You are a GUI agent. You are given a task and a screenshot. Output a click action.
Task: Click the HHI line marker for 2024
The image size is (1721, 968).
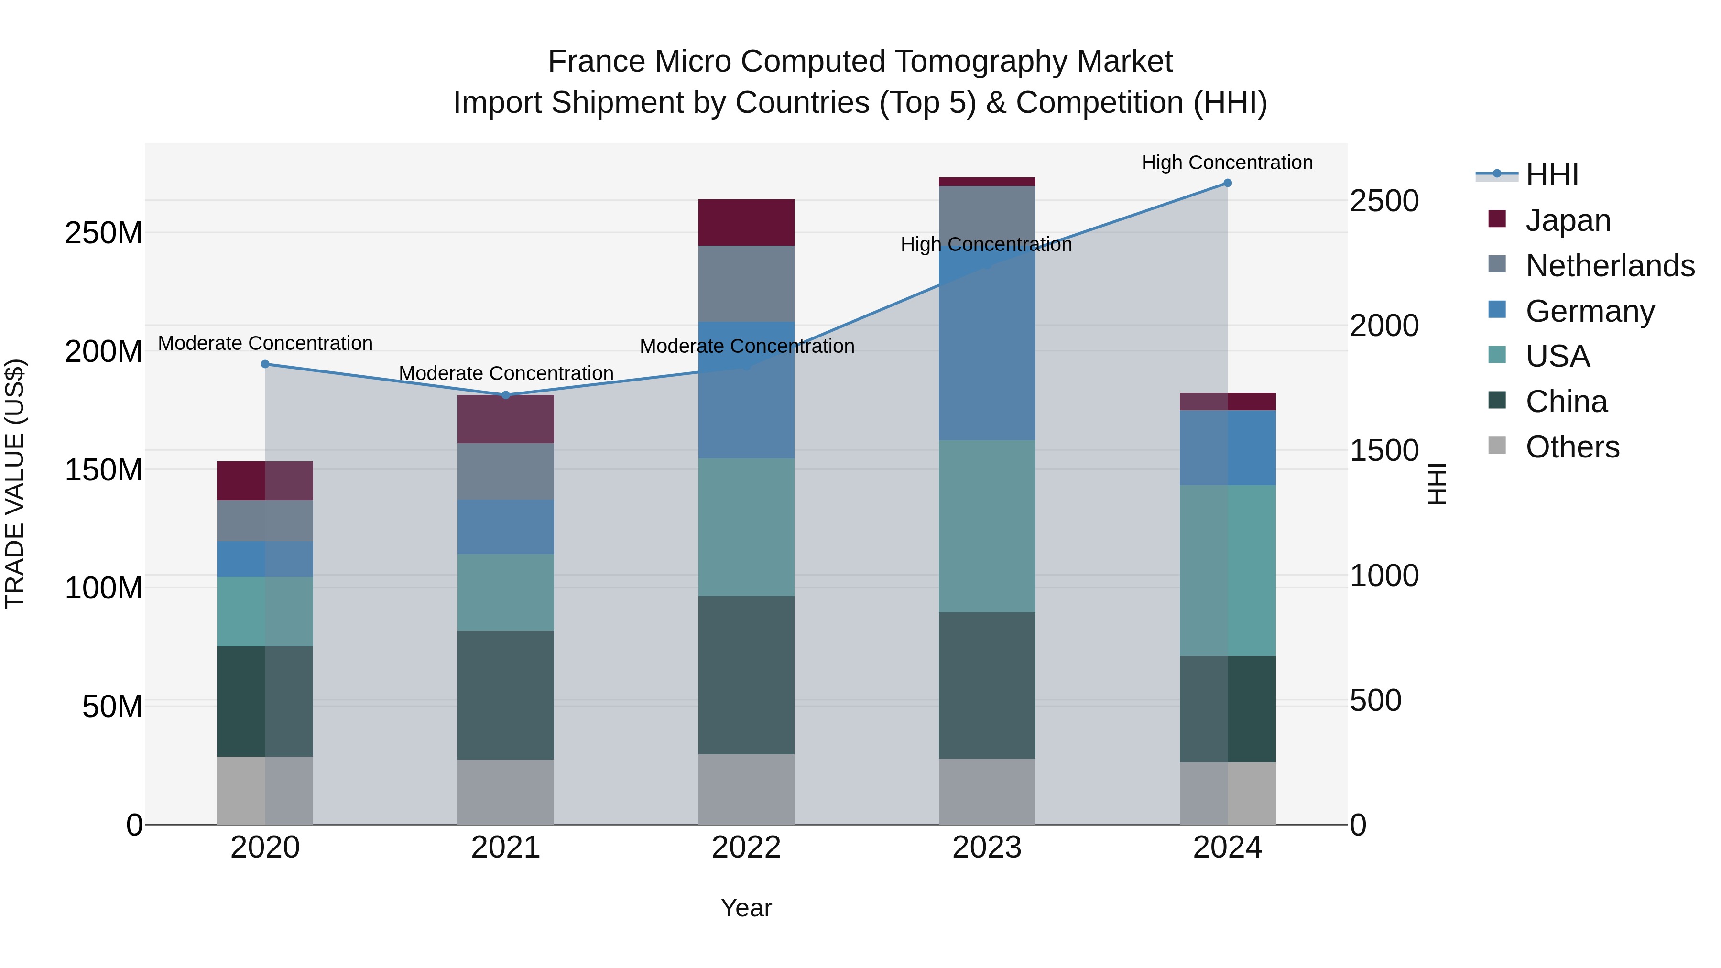tap(1227, 183)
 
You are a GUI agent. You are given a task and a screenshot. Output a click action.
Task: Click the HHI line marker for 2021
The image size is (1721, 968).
tap(506, 395)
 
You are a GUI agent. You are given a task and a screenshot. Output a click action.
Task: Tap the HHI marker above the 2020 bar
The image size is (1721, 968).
tap(265, 364)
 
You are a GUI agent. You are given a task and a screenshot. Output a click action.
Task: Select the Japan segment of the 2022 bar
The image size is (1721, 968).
tap(746, 222)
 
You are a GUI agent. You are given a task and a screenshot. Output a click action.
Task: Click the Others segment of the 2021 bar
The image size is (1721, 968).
tap(506, 792)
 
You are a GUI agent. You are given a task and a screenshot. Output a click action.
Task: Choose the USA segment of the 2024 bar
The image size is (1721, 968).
tap(1227, 570)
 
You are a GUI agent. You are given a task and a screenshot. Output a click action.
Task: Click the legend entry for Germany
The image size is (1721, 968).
tap(1590, 311)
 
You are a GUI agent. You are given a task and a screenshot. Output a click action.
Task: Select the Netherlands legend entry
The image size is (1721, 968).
tap(1610, 266)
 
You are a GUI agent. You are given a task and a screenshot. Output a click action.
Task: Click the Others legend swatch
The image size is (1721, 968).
tap(1497, 446)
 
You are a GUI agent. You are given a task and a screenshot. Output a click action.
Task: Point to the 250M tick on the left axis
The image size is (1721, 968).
tap(104, 233)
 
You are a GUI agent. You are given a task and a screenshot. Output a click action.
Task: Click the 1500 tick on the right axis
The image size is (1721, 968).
tap(1383, 450)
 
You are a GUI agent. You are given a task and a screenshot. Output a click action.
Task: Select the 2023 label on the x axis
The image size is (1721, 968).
tap(987, 848)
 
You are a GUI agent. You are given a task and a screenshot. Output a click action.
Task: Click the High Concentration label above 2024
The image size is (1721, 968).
tap(1227, 163)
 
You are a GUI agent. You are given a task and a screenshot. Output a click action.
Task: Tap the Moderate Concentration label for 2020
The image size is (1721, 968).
tap(265, 343)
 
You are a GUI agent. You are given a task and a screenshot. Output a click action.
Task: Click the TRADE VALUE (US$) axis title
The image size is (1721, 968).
tap(15, 484)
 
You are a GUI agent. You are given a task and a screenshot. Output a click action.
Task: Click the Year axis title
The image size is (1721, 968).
tap(746, 908)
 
